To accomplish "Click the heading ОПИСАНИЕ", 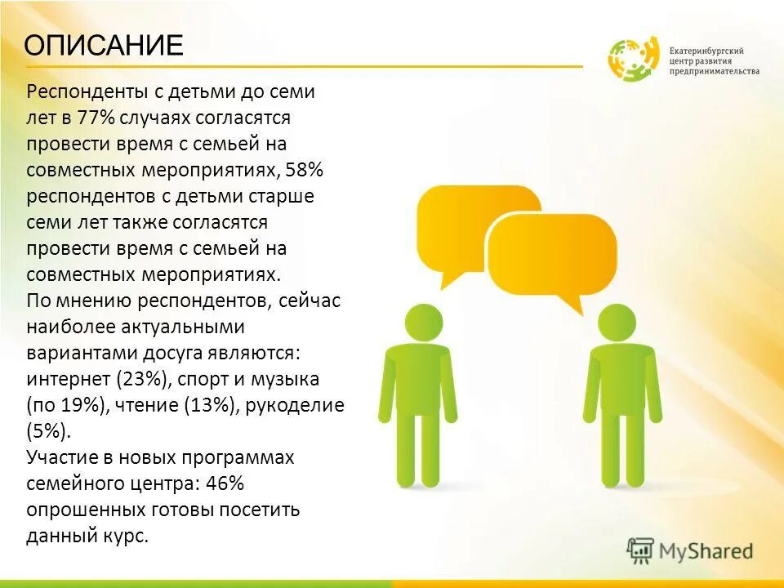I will coord(103,45).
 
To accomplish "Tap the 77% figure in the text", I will coord(98,118).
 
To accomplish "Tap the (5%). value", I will coord(49,431).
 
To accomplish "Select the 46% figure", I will coord(225,483).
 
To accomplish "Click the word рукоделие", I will coord(303,406).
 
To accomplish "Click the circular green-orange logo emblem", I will coord(633,59).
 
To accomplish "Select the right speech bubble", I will coord(552,254).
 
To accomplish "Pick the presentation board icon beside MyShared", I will coord(641,551).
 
